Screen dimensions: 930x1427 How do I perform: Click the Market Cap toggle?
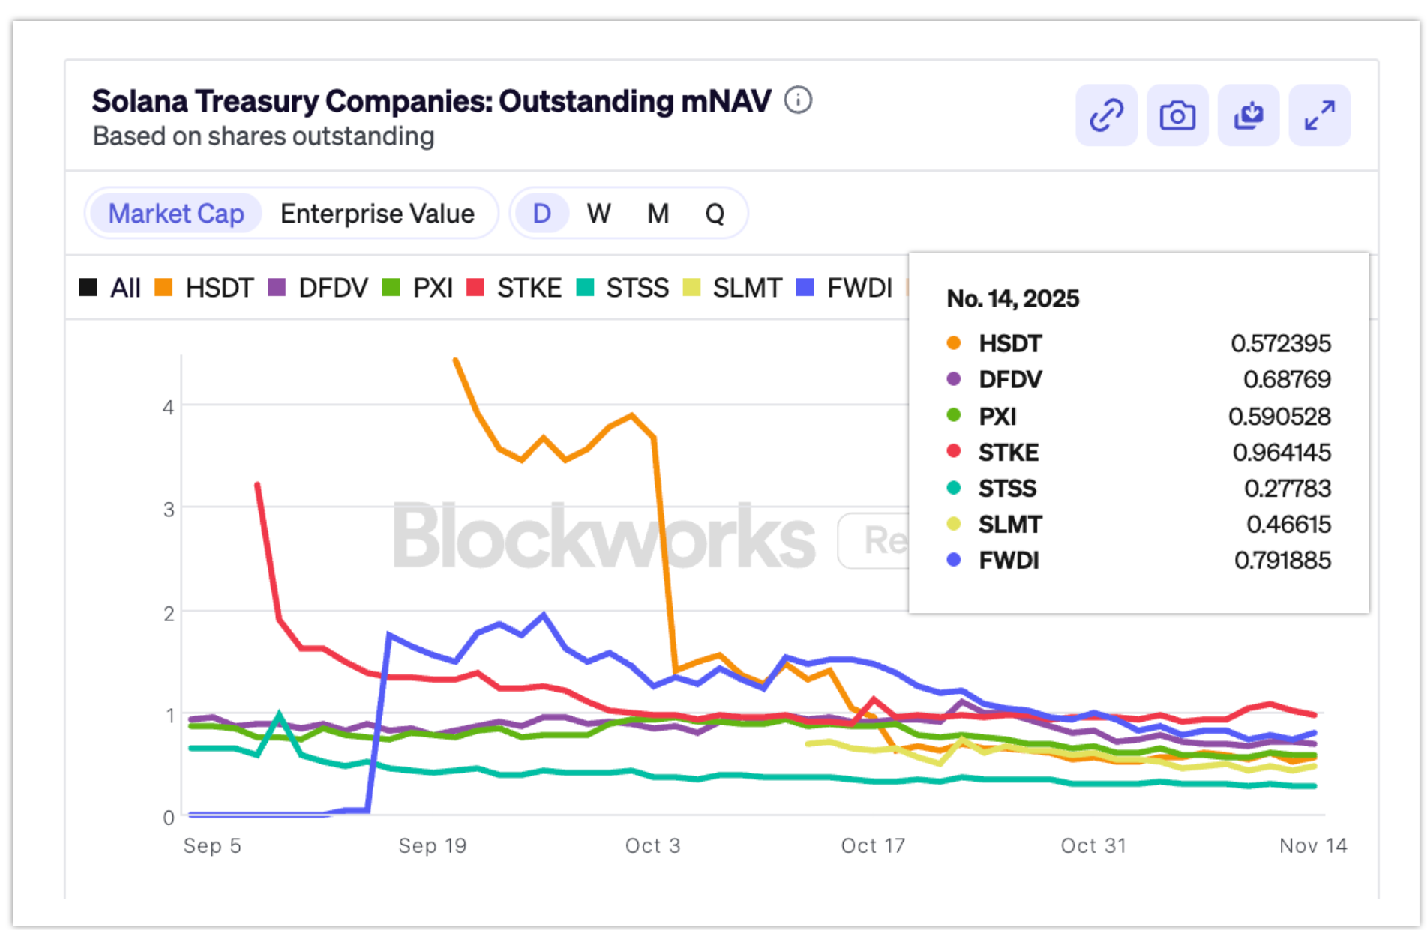176,214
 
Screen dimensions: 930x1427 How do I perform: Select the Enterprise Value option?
377,214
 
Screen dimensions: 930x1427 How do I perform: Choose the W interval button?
598,214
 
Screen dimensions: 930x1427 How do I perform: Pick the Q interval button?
715,214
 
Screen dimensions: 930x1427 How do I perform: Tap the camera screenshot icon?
1177,115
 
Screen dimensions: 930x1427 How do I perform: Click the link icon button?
1106,115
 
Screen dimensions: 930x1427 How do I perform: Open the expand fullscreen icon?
1319,115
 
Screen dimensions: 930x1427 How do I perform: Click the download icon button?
1249,115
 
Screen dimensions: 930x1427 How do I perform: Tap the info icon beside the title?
798,100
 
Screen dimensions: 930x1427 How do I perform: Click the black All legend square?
88,287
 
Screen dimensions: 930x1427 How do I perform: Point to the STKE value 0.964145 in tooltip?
1282,452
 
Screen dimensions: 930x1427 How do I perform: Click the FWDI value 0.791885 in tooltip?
1282,560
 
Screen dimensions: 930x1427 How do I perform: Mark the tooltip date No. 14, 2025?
1012,298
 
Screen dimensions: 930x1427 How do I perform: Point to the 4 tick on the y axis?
169,407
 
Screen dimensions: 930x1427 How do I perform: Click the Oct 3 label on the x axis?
652,845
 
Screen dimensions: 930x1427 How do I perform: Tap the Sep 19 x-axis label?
433,845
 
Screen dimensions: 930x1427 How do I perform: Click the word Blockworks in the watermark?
604,537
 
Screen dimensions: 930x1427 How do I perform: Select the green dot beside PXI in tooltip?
954,415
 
